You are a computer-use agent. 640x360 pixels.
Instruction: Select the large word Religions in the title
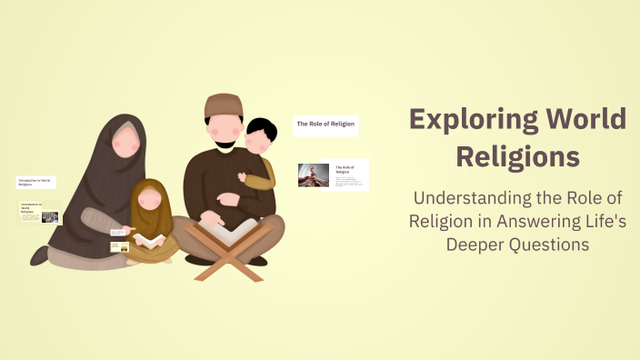point(517,155)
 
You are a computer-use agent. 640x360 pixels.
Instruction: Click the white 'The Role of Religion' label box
point(325,124)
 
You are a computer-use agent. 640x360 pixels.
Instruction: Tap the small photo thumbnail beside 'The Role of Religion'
point(313,175)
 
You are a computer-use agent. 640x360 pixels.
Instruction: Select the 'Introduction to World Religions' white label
point(36,182)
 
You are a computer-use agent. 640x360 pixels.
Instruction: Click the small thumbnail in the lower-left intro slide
point(50,217)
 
